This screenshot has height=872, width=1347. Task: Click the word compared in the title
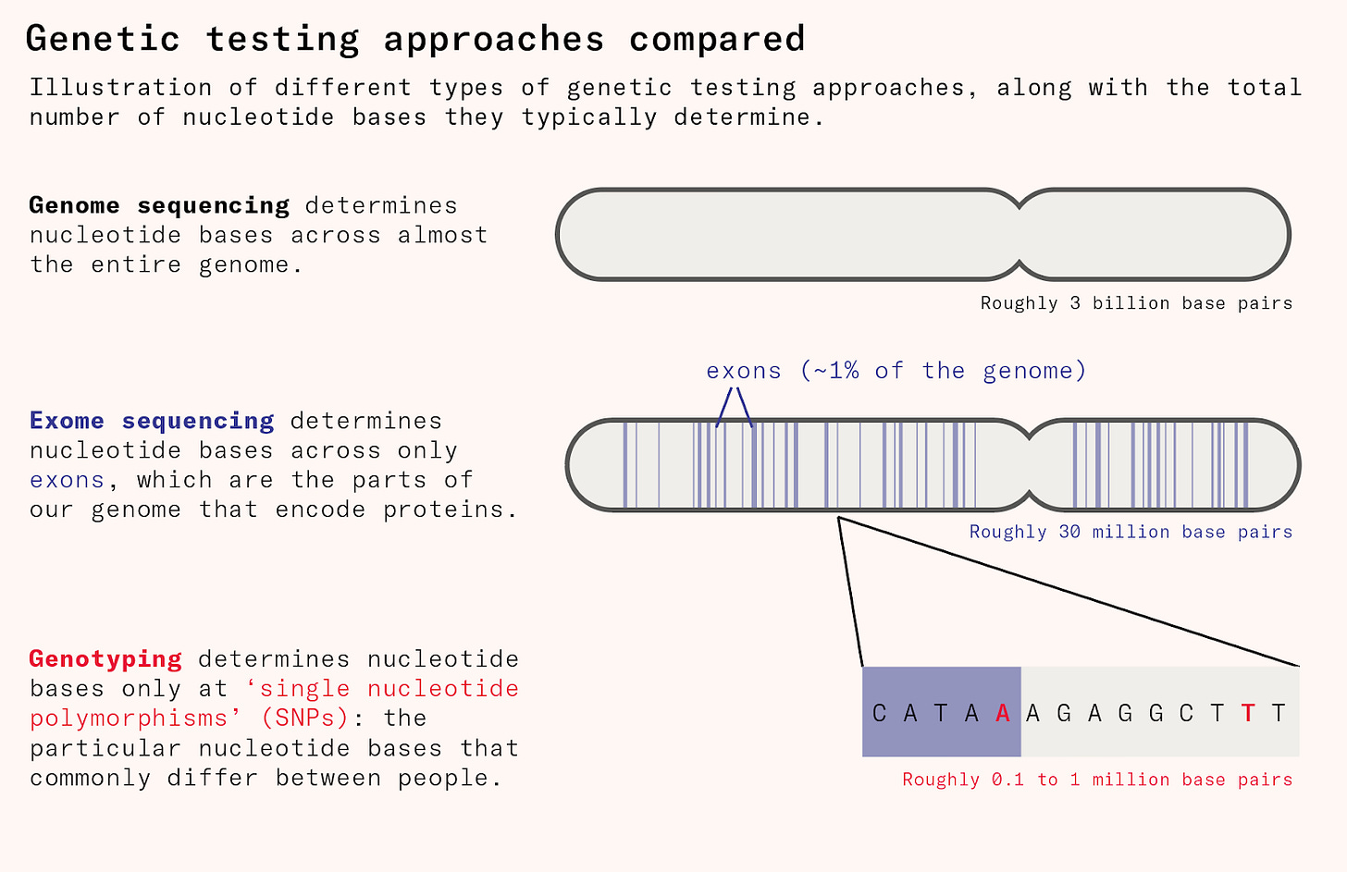coord(717,39)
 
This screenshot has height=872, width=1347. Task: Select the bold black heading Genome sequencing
coord(159,205)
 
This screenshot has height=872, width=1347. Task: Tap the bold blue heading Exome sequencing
coord(152,421)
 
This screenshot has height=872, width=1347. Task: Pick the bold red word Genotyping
coord(105,659)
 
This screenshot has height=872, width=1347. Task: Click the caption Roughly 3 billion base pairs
coord(1136,303)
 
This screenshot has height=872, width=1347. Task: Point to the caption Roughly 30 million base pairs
coord(1131,532)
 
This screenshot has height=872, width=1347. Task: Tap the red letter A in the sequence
coord(1003,713)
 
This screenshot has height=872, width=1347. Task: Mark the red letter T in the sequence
coord(1248,713)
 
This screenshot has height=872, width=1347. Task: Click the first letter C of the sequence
coord(879,713)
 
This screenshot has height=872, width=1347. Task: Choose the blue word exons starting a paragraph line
coord(67,481)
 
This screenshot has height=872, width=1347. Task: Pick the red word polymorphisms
coord(129,718)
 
